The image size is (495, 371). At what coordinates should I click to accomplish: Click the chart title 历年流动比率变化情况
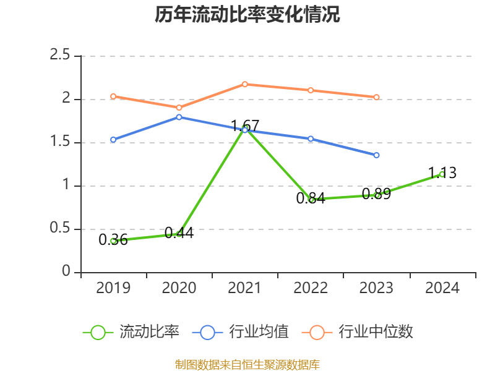pyautogui.click(x=247, y=15)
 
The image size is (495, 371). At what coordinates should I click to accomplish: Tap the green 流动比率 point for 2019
pyautogui.click(x=113, y=241)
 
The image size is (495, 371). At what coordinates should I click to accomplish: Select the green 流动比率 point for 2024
pyautogui.click(x=442, y=174)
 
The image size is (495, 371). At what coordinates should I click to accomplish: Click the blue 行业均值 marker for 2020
pyautogui.click(x=179, y=117)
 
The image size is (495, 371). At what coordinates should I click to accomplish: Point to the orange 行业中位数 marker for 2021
pyautogui.click(x=245, y=84)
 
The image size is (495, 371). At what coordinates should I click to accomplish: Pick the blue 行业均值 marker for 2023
pyautogui.click(x=376, y=155)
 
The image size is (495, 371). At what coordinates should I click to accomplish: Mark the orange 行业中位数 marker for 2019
pyautogui.click(x=113, y=96)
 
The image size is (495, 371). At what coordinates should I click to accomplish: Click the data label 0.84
pyautogui.click(x=311, y=199)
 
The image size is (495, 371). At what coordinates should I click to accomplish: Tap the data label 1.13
pyautogui.click(x=442, y=173)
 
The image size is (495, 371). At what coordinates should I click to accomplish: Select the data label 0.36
pyautogui.click(x=113, y=240)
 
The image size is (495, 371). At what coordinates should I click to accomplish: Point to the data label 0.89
pyautogui.click(x=376, y=194)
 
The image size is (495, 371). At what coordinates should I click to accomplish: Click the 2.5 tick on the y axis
pyautogui.click(x=60, y=56)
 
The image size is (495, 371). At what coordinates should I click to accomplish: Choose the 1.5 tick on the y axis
pyautogui.click(x=60, y=143)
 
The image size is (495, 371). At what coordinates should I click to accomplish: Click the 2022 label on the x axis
pyautogui.click(x=311, y=288)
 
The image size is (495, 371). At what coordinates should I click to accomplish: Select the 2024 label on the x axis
pyautogui.click(x=442, y=288)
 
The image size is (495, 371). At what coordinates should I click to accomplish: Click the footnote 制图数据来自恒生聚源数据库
pyautogui.click(x=247, y=365)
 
